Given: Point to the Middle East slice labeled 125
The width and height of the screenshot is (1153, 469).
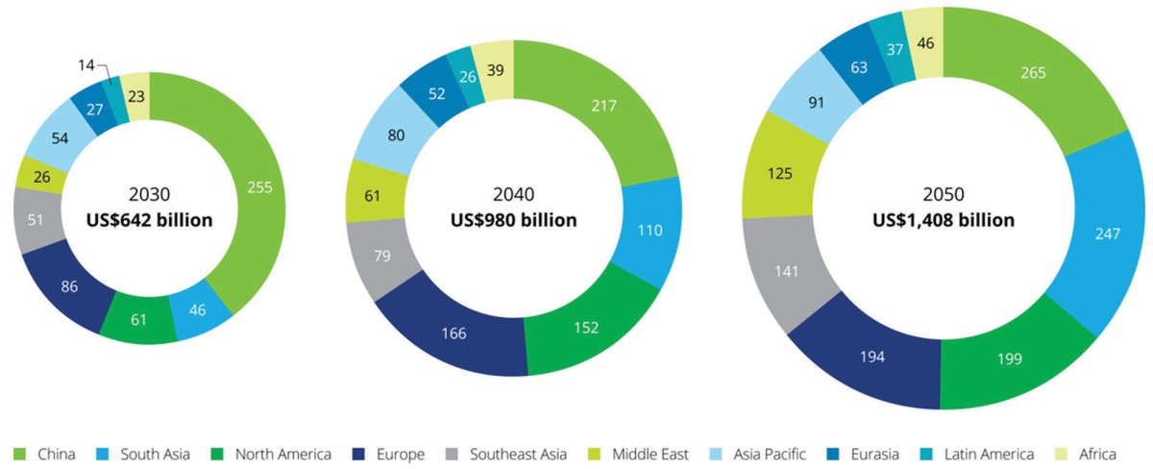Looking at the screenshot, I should tap(780, 176).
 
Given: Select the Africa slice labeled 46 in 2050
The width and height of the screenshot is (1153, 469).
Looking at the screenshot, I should tap(924, 43).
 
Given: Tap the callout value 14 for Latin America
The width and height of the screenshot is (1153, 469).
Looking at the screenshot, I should tap(87, 64).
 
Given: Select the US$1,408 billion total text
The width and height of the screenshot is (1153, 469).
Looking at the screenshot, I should tap(943, 220).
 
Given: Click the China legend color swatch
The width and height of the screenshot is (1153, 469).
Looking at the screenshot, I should tap(18, 454).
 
